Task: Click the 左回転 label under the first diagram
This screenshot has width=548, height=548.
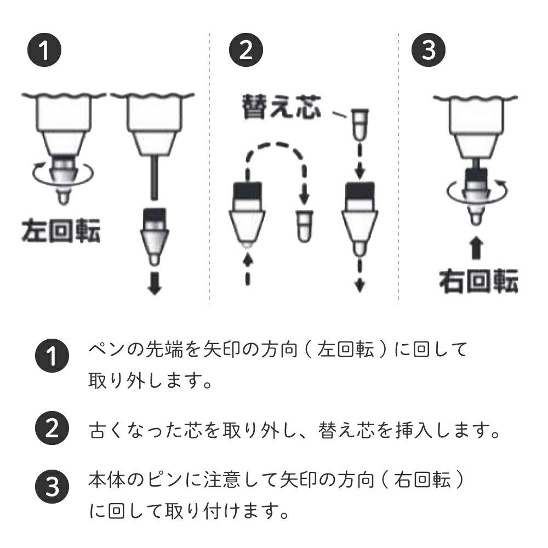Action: (61, 231)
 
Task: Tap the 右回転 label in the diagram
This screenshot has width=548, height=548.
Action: (478, 281)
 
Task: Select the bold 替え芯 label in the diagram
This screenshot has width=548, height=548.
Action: (281, 106)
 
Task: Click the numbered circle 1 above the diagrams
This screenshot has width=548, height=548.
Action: (44, 49)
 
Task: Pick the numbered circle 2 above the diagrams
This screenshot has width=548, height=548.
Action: (246, 49)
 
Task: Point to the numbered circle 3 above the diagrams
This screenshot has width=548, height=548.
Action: (429, 49)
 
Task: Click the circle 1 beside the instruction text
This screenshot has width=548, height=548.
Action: (52, 356)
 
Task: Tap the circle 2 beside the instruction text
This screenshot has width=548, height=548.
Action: (52, 428)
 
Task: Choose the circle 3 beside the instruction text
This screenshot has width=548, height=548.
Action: (52, 486)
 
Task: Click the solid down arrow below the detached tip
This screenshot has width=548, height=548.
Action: (155, 283)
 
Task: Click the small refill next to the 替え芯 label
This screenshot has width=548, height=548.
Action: (359, 124)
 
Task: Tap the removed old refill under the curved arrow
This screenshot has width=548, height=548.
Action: (304, 226)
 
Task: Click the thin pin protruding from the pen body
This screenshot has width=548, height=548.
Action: (154, 178)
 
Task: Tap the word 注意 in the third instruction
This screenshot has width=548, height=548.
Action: (221, 480)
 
